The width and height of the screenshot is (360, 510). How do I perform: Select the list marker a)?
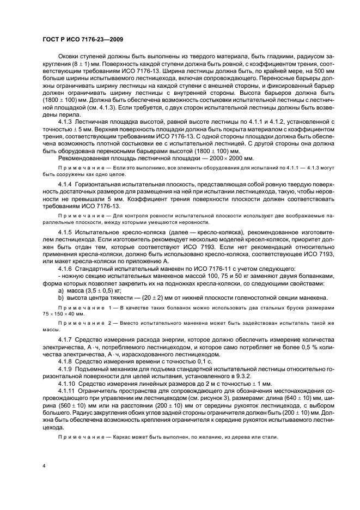(61, 290)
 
